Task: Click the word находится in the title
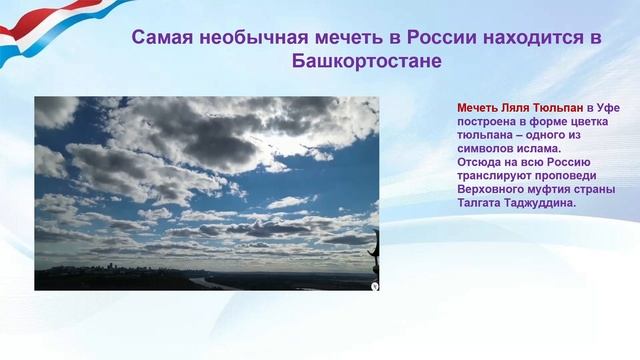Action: (x=518, y=38)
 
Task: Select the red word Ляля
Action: (x=517, y=106)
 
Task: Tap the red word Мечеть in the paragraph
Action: (x=478, y=106)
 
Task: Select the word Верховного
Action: (x=494, y=190)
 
